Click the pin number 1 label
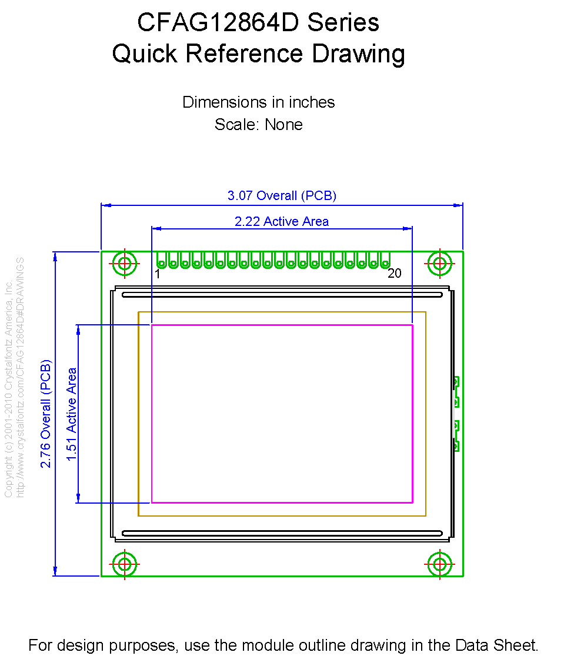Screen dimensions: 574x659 (x=157, y=274)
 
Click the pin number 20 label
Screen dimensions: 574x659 (x=395, y=273)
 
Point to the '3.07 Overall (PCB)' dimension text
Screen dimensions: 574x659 (x=282, y=195)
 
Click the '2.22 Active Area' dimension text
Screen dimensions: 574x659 (x=282, y=221)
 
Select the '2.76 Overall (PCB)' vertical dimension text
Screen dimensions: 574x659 (x=45, y=414)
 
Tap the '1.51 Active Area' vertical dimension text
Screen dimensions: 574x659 (x=71, y=414)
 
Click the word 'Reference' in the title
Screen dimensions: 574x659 (x=244, y=54)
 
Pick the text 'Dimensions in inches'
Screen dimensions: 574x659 (x=258, y=102)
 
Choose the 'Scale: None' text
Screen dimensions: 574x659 (x=258, y=124)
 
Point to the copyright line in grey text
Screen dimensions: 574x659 (x=8, y=389)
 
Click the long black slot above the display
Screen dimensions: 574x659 (x=282, y=295)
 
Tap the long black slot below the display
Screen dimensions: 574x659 (x=282, y=533)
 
